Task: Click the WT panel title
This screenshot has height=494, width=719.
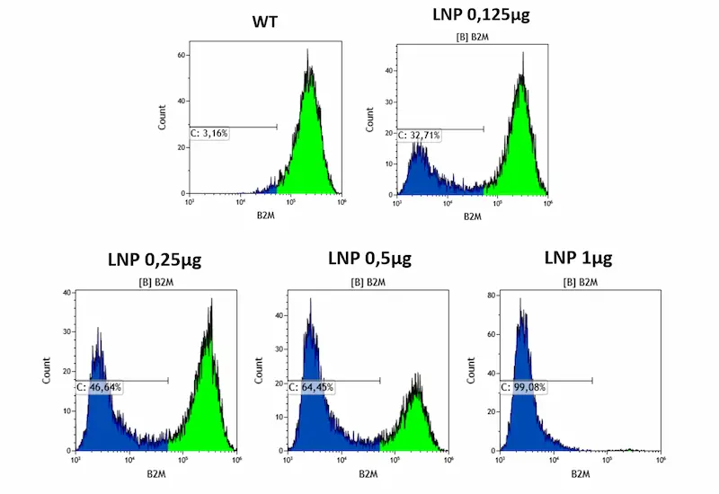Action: click(263, 20)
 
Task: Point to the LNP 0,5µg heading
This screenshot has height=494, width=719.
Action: click(369, 259)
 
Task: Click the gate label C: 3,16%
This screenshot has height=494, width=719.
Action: click(210, 134)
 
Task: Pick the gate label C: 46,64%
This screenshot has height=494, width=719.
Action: click(99, 387)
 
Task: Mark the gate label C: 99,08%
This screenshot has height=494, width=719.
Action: click(523, 387)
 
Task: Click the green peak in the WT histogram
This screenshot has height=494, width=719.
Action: click(308, 135)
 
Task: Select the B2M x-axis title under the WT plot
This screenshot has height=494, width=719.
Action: click(263, 216)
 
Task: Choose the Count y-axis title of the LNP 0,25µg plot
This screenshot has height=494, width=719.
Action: click(47, 371)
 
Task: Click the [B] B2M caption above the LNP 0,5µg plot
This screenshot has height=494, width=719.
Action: click(368, 283)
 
